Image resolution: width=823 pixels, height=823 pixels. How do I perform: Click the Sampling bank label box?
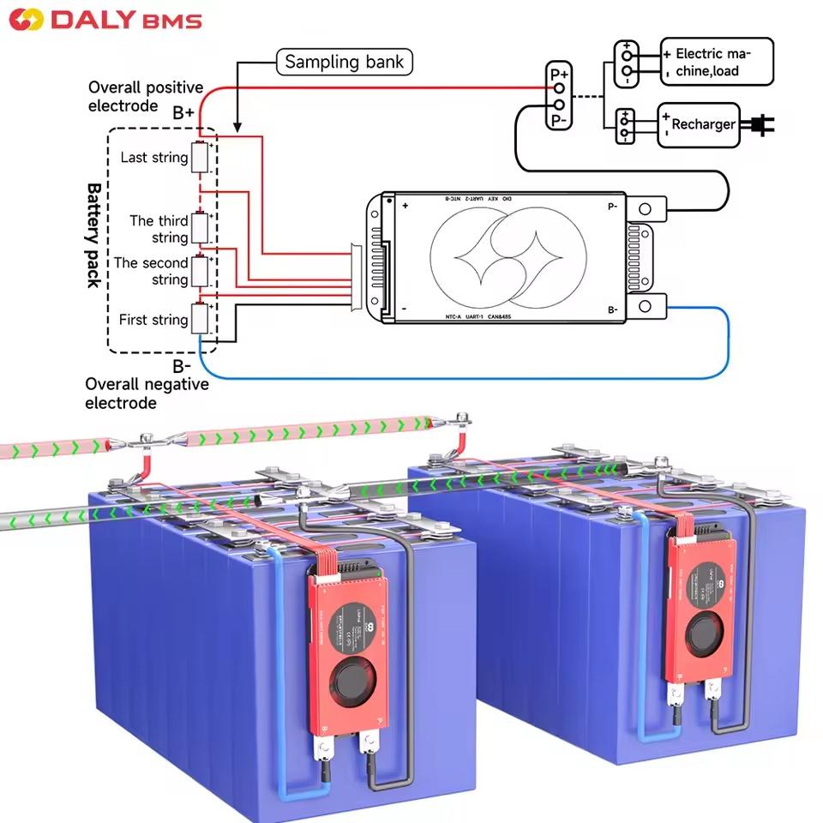pos(344,62)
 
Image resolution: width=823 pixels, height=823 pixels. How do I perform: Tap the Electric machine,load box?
pos(716,62)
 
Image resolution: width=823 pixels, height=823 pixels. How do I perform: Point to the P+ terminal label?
pos(558,73)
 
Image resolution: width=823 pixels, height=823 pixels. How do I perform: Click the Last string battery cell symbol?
pos(201,159)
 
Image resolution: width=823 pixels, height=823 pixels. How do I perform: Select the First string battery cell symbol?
pos(201,319)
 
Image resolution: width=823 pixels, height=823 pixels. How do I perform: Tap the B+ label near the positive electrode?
pos(183,112)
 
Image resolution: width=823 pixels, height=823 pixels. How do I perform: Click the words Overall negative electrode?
pos(147,393)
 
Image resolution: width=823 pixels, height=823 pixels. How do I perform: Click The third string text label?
pos(159,229)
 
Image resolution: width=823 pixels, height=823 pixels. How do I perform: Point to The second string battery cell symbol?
pos(201,271)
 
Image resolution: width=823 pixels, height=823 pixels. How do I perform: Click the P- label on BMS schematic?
pos(612,206)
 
